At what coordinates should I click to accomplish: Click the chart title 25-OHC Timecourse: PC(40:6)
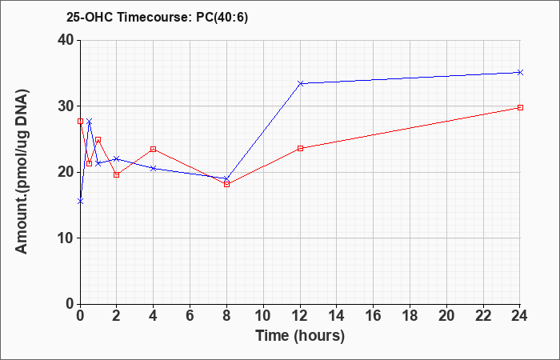tap(157, 17)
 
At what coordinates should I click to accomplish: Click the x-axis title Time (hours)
tap(300, 336)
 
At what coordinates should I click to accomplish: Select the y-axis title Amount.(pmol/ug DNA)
tap(22, 172)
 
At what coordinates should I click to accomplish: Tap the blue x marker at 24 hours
tap(520, 73)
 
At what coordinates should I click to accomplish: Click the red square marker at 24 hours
tap(520, 107)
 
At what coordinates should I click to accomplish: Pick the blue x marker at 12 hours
tap(300, 83)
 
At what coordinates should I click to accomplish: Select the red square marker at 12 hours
tap(300, 148)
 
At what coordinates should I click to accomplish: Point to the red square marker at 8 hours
tap(226, 184)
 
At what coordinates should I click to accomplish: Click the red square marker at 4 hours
tap(154, 149)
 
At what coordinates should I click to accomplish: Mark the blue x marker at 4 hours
tap(154, 168)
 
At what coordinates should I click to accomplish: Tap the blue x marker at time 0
tap(80, 202)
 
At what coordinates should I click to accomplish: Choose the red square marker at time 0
tap(80, 121)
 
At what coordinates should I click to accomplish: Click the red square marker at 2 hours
tap(117, 174)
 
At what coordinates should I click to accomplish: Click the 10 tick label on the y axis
tap(66, 238)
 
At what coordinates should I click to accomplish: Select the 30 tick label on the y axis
tap(66, 106)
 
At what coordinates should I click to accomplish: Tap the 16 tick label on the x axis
tap(374, 316)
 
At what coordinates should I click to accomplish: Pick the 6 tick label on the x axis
tap(190, 316)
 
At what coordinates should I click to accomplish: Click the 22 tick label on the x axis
tap(483, 316)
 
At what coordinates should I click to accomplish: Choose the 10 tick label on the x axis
tap(263, 316)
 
